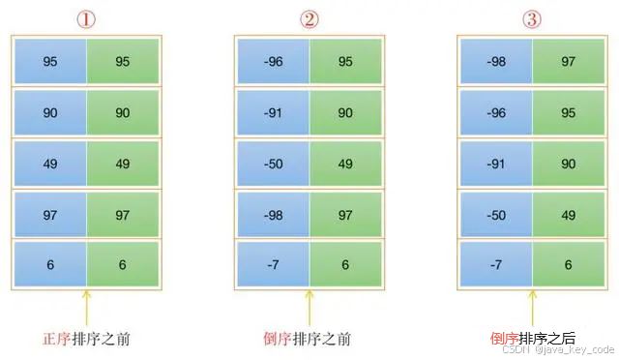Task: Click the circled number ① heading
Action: click(86, 19)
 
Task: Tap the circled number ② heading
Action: click(309, 19)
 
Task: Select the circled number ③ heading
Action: click(532, 19)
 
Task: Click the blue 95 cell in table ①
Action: click(50, 61)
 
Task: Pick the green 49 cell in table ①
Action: click(123, 164)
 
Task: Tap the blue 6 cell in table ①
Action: click(50, 264)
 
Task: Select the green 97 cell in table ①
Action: click(123, 215)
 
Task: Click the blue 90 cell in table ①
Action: click(50, 112)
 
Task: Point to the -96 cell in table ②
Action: click(273, 61)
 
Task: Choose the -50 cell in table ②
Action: click(273, 164)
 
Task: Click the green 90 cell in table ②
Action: click(345, 112)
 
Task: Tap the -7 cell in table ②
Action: click(273, 264)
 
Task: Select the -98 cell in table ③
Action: click(496, 61)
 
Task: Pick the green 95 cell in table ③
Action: click(569, 112)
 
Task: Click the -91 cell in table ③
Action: click(496, 164)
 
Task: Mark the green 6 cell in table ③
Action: click(569, 264)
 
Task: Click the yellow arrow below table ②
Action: click(309, 309)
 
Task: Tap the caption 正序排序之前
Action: click(86, 339)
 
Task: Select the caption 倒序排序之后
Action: click(533, 339)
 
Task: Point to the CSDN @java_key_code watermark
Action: click(558, 349)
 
